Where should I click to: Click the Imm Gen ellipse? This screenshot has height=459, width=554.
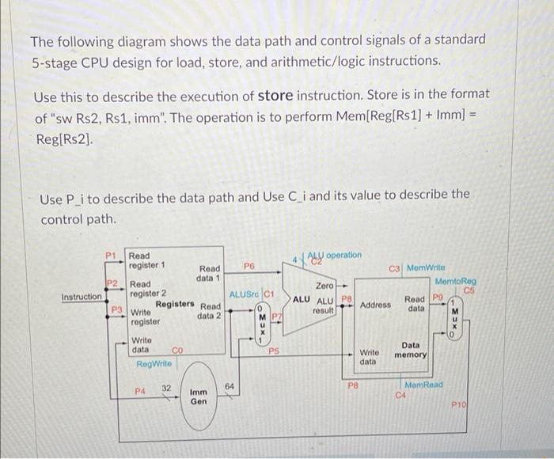pos(199,396)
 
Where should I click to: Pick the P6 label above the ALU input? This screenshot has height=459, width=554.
pos(249,267)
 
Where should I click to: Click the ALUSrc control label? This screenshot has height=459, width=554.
pos(244,294)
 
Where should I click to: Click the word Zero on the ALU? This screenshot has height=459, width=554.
pos(324,284)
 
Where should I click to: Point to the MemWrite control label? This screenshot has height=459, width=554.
pos(426,268)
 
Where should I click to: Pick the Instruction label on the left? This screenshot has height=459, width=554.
pos(82,297)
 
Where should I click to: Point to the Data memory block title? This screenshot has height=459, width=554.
pos(412,351)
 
